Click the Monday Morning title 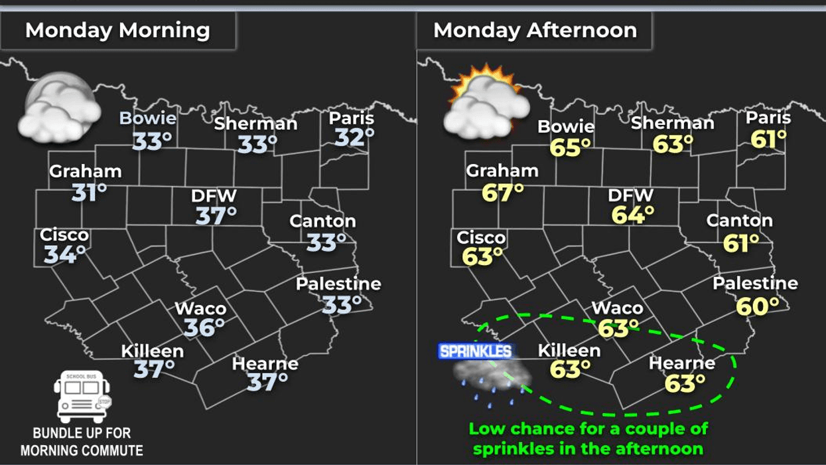[x=117, y=31]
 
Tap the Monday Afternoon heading [x=535, y=31]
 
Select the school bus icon [x=83, y=397]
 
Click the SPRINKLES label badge [x=476, y=351]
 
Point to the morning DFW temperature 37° [x=216, y=215]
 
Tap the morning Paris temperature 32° [x=354, y=138]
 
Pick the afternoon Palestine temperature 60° [x=758, y=306]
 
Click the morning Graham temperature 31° [x=89, y=193]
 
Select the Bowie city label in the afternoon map [x=566, y=126]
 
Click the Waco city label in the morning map [x=200, y=309]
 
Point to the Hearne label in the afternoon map [x=681, y=363]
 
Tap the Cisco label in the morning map [x=64, y=235]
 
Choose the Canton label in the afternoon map [x=739, y=221]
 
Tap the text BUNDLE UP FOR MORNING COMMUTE [x=82, y=442]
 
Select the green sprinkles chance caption [x=588, y=438]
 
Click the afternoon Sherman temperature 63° [x=673, y=143]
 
